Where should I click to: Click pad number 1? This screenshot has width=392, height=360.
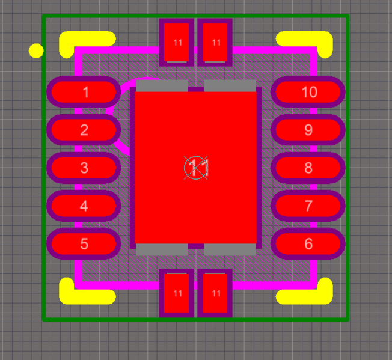click(84, 92)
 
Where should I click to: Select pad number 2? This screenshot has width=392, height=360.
click(84, 130)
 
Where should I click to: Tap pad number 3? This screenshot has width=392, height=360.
click(84, 168)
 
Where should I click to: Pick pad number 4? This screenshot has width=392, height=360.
click(84, 206)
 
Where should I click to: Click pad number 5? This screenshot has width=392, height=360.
click(84, 243)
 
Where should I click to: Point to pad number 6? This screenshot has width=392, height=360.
click(308, 243)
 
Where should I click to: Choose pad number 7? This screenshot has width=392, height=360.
click(308, 206)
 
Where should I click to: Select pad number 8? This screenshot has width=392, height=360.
click(308, 168)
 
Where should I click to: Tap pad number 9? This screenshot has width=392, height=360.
click(308, 130)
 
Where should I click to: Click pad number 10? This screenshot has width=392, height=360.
click(308, 92)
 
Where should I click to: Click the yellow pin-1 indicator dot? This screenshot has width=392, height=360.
click(36, 50)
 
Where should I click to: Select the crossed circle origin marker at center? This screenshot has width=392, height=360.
click(196, 168)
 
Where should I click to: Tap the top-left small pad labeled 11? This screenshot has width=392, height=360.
click(177, 42)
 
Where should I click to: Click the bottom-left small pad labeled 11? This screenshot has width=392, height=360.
click(177, 293)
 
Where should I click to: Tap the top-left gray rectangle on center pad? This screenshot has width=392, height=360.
click(162, 86)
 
